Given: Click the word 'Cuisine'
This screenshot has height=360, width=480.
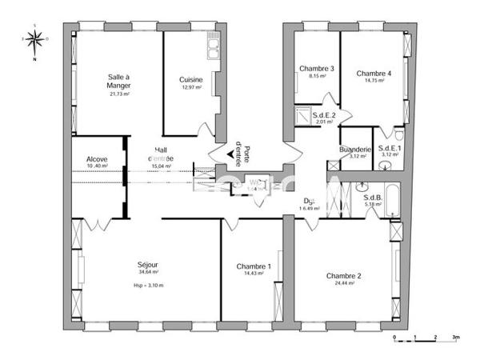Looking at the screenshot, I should tap(191, 79).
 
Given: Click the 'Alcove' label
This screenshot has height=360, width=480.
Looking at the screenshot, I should tap(97, 159).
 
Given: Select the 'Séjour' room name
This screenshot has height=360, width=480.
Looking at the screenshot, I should tap(148, 265).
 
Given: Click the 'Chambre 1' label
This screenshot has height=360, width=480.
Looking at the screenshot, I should tap(254, 267).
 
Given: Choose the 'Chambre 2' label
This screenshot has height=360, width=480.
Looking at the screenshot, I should tap(343, 276).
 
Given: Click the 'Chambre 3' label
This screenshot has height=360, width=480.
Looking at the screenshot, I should tap(317, 69).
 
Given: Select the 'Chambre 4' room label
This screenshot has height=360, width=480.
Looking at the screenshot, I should tap(374, 73).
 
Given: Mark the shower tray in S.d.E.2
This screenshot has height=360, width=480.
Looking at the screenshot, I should tap(304, 114).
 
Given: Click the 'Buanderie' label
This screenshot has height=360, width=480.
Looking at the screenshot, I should tap(354, 149).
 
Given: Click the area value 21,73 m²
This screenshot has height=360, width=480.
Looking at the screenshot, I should tap(119, 94).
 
